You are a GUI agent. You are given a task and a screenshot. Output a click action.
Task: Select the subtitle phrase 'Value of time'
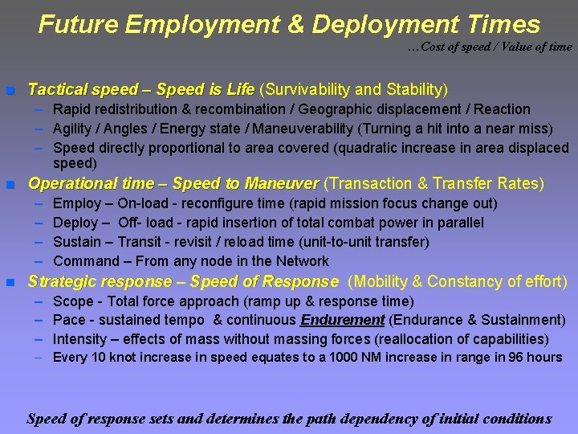tap(537, 47)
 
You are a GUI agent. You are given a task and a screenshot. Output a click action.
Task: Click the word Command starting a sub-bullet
tap(83, 261)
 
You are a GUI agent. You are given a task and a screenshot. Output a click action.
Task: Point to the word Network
tap(302, 261)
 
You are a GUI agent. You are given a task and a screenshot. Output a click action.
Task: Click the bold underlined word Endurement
tap(342, 320)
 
